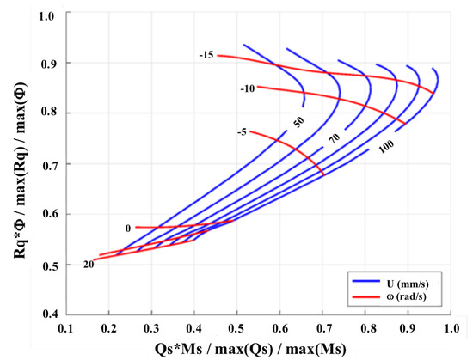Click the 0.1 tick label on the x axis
click(x=65, y=327)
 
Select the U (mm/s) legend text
click(x=405, y=279)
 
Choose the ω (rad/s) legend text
click(x=406, y=297)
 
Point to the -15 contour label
click(x=205, y=55)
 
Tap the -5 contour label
click(x=243, y=131)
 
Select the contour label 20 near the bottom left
click(x=89, y=265)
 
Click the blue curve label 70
click(x=335, y=137)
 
